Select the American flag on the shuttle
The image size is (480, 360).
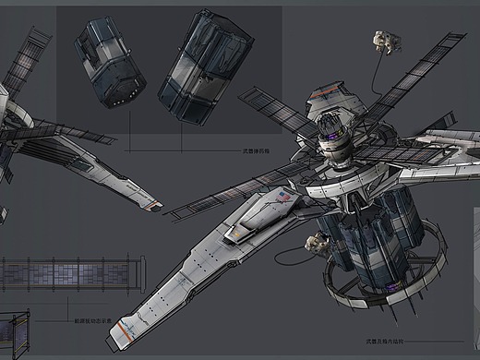281,198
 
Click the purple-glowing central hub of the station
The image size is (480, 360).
330,139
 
